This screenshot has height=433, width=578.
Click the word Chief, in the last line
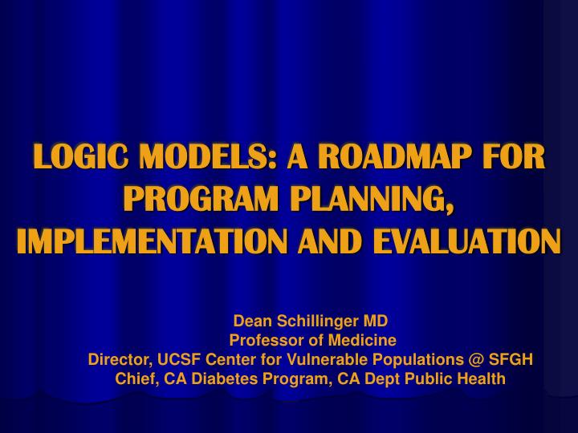[x=136, y=378]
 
